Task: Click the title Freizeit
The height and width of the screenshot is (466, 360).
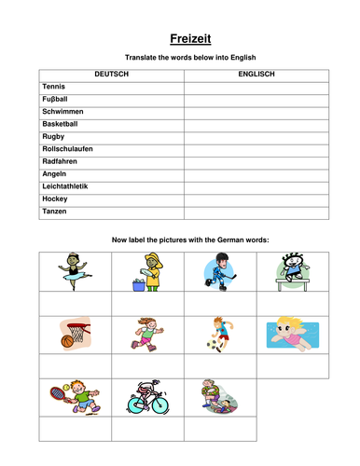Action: pos(180,38)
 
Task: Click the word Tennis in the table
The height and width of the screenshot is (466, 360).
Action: pos(54,86)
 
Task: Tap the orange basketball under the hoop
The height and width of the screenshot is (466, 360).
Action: pos(67,342)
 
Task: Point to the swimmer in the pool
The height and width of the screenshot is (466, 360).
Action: pos(293,332)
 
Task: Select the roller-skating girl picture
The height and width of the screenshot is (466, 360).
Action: pos(147,333)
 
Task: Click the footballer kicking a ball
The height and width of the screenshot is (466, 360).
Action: pos(220,333)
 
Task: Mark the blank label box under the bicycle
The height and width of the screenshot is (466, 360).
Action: pos(147,428)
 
